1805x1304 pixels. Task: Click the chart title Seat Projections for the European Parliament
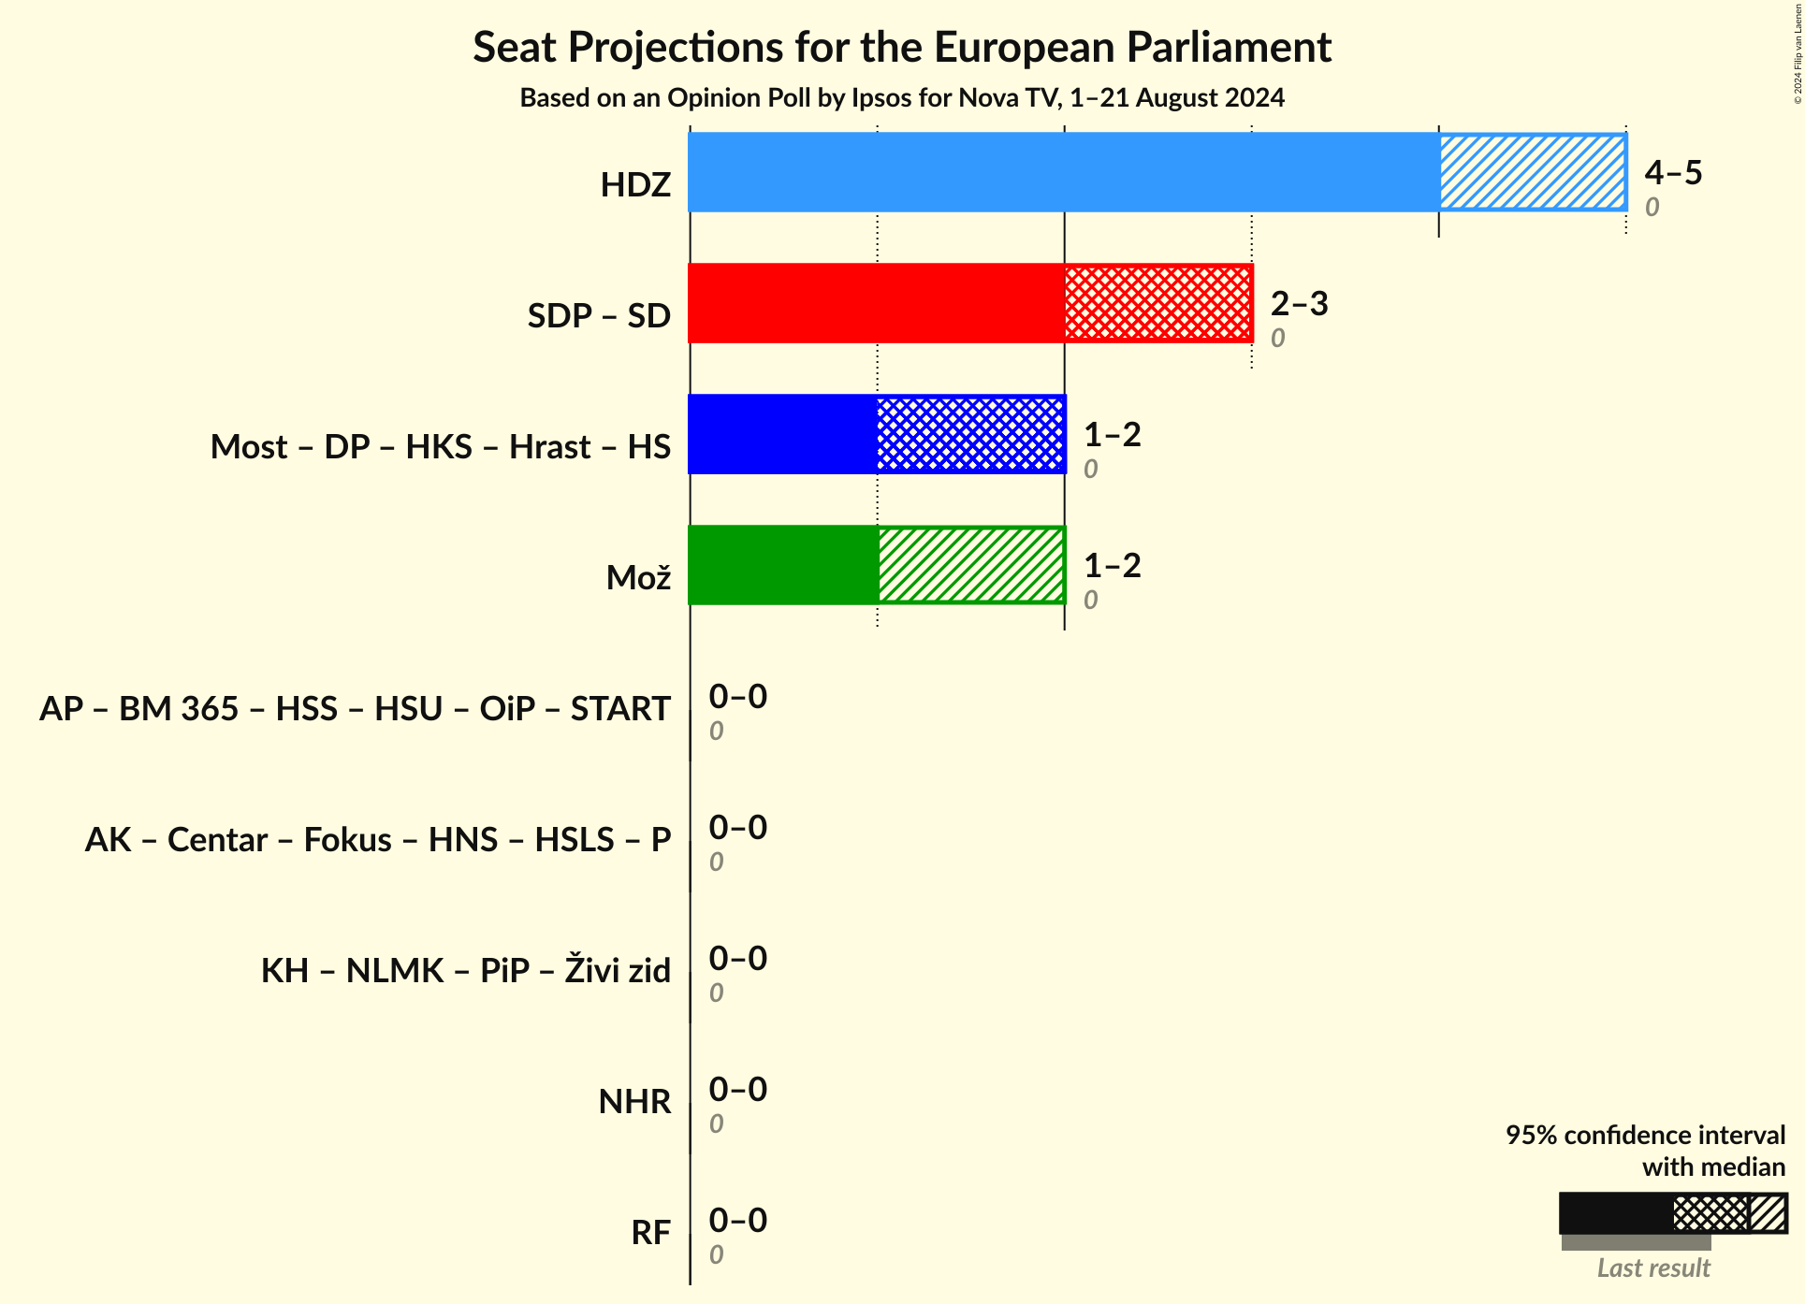point(901,47)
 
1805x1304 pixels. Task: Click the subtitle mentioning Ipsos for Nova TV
point(901,97)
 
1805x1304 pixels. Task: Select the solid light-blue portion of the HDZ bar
point(1063,172)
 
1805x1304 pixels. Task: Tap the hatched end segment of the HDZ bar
point(1532,172)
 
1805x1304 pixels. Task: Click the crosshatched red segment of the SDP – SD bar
point(1157,303)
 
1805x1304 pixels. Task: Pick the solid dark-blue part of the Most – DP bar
point(783,434)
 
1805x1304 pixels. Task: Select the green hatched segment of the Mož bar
point(970,565)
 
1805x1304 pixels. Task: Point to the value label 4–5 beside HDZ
point(1673,172)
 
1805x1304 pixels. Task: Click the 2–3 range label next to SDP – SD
point(1299,303)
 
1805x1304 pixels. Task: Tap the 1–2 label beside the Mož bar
point(1112,565)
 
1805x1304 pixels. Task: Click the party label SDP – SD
point(599,315)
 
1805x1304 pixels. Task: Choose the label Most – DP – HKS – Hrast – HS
point(440,446)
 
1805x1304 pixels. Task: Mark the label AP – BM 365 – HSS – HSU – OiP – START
point(355,708)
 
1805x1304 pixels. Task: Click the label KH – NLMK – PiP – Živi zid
point(465,970)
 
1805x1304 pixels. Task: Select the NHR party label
point(634,1101)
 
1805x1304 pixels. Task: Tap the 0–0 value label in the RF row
point(737,1220)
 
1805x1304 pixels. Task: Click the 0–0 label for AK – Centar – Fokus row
point(737,827)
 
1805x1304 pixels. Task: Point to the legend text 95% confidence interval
point(1645,1135)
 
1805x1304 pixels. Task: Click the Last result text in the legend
point(1652,1268)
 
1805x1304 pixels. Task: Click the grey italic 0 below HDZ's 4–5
point(1652,207)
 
